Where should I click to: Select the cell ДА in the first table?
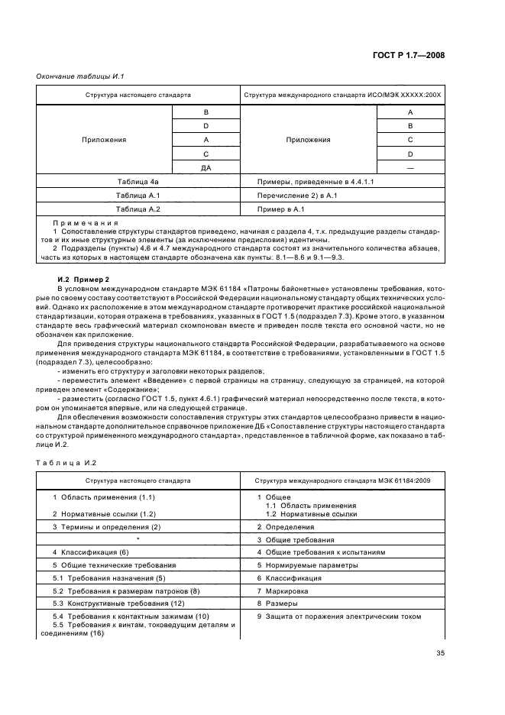pyautogui.click(x=206, y=168)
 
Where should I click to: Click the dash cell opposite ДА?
pyautogui.click(x=410, y=168)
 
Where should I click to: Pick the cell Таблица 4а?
pyautogui.click(x=138, y=183)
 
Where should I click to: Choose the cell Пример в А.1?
pyautogui.click(x=282, y=209)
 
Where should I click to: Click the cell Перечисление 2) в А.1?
pyautogui.click(x=294, y=196)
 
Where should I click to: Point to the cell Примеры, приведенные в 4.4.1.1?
pyautogui.click(x=304, y=183)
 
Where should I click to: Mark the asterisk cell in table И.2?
pyautogui.click(x=138, y=539)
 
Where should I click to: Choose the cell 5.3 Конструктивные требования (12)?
pyautogui.click(x=110, y=603)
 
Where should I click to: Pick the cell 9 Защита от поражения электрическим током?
pyautogui.click(x=338, y=616)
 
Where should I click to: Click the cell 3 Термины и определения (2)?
pyautogui.click(x=106, y=527)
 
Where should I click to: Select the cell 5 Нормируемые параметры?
pyautogui.click(x=306, y=565)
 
